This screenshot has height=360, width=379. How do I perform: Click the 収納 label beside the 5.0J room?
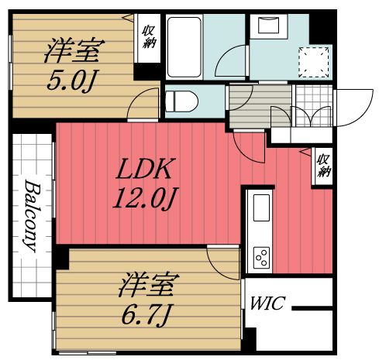(x=148, y=36)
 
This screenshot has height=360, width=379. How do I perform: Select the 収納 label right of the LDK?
(x=322, y=165)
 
